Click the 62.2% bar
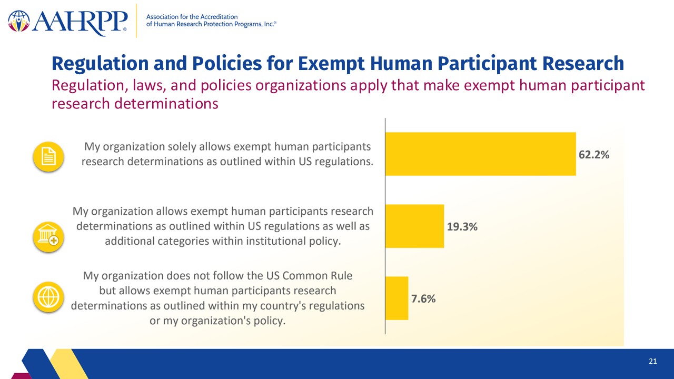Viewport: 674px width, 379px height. click(481, 154)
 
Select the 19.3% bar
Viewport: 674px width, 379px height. click(414, 226)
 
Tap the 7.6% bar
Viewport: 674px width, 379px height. click(397, 298)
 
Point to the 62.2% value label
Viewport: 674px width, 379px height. click(594, 155)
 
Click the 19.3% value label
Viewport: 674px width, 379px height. click(462, 226)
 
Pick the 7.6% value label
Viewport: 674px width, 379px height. click(423, 298)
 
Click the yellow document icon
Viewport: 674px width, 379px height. click(48, 156)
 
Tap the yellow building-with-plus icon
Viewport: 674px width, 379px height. click(48, 237)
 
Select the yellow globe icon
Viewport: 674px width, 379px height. click(48, 297)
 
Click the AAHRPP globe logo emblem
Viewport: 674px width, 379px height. click(19, 21)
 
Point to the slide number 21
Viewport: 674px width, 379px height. click(652, 361)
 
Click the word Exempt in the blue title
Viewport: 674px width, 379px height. click(331, 64)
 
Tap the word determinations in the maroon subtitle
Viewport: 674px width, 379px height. click(166, 104)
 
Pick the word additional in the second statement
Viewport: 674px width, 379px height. click(130, 241)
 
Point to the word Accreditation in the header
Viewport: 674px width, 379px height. click(219, 17)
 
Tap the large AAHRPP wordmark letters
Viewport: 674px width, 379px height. click(80, 23)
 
